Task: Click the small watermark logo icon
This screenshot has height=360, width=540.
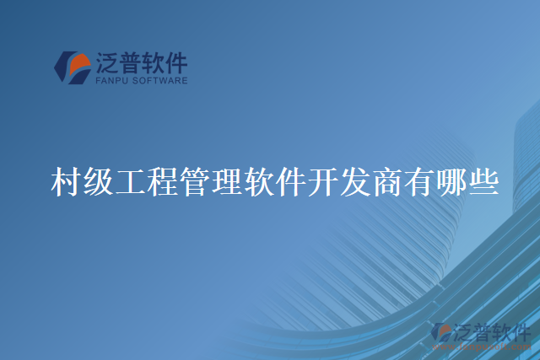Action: coord(440,334)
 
